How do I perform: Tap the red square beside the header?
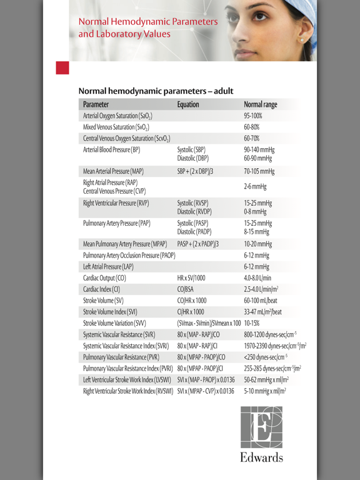(x=62, y=68)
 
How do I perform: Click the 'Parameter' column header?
(x=96, y=104)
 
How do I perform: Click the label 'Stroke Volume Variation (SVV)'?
(x=119, y=323)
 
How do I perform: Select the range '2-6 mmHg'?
(x=256, y=186)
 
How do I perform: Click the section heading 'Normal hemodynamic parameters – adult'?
(x=156, y=91)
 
